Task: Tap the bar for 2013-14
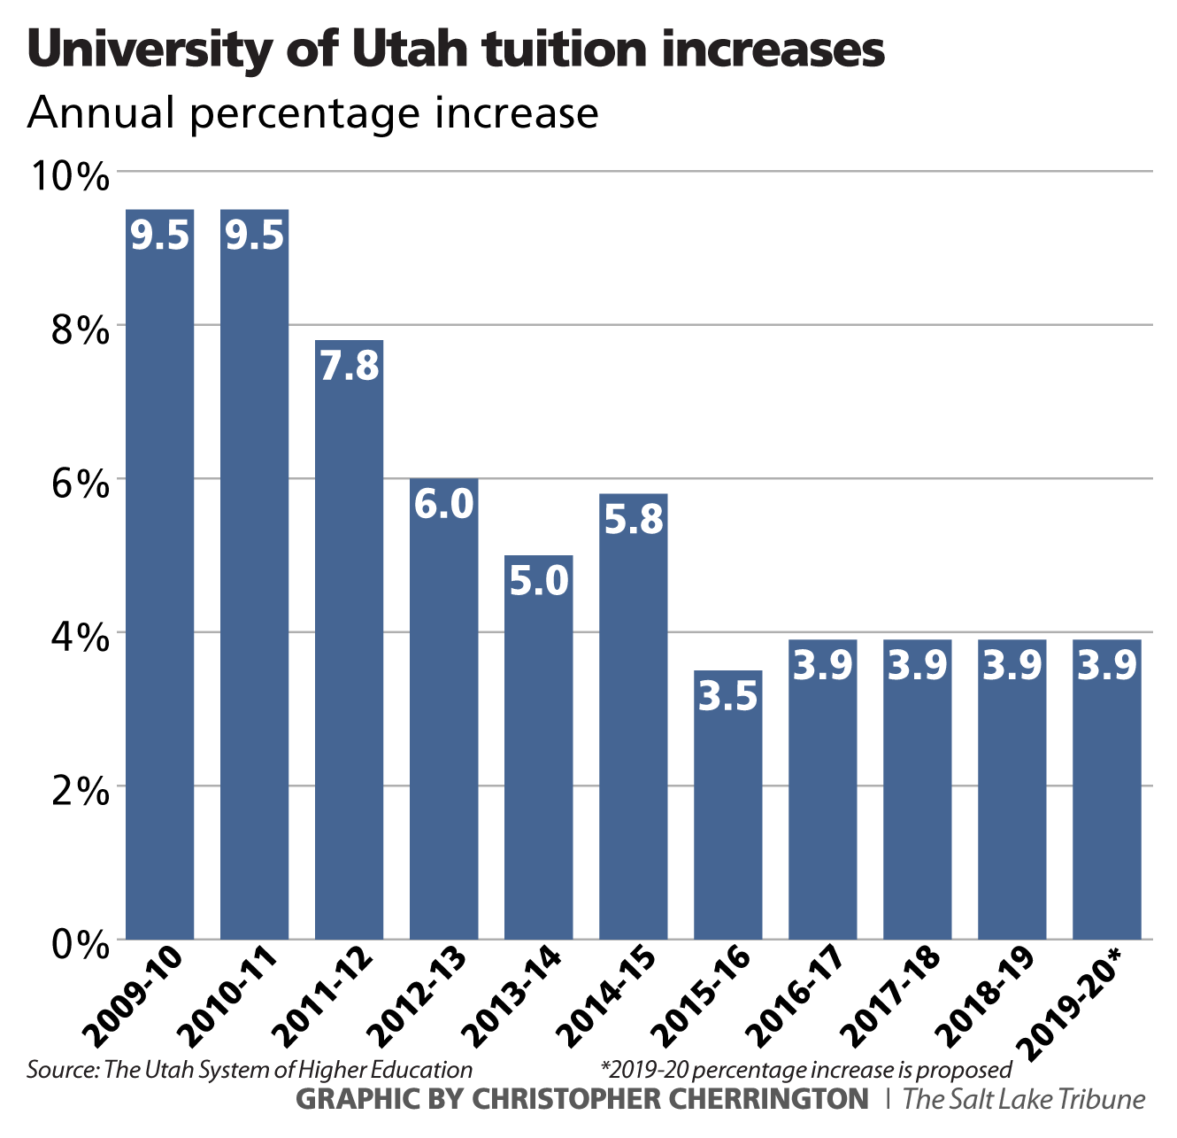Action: tap(538, 753)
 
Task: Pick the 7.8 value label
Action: tap(349, 366)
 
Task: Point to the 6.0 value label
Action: tap(443, 504)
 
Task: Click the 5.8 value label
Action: tap(633, 520)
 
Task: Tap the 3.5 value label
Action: tap(727, 697)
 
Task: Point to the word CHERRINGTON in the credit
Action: tap(781, 1099)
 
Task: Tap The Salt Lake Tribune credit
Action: tap(1024, 1099)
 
